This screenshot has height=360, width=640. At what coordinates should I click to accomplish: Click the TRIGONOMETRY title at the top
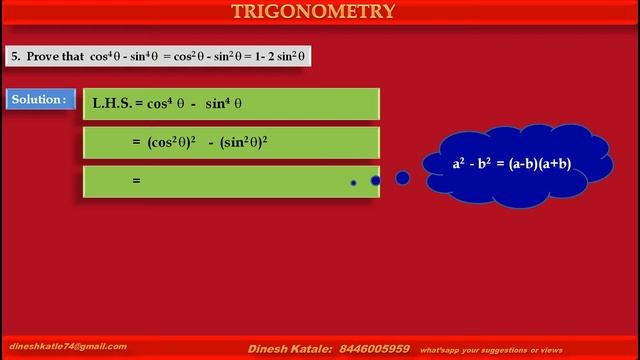click(313, 12)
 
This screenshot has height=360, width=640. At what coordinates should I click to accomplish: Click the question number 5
click(15, 57)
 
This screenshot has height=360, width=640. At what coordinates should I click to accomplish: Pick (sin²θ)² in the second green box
click(243, 142)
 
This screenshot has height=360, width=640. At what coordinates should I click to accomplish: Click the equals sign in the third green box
click(136, 181)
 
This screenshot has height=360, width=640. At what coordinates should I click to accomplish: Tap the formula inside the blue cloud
click(511, 163)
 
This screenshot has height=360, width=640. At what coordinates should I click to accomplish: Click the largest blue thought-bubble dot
click(402, 178)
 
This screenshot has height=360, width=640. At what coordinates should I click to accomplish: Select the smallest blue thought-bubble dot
click(353, 183)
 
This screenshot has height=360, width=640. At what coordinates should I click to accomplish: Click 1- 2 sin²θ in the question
click(275, 57)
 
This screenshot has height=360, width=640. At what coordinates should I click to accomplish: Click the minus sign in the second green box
click(212, 142)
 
